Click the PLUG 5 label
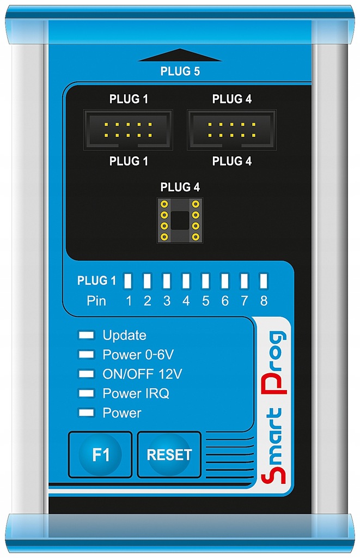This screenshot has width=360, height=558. click(x=180, y=71)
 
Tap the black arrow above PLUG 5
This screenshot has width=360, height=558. click(x=180, y=54)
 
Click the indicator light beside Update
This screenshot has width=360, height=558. click(x=86, y=335)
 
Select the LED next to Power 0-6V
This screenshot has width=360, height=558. click(x=86, y=355)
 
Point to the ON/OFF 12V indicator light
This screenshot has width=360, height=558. click(x=86, y=374)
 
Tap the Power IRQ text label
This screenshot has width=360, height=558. click(x=136, y=393)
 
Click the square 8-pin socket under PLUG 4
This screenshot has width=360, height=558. click(x=180, y=220)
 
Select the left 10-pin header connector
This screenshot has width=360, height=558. click(x=128, y=130)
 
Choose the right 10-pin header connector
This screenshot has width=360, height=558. click(x=231, y=130)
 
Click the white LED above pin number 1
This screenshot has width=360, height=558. click(x=129, y=281)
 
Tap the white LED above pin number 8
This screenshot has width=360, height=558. click(x=264, y=281)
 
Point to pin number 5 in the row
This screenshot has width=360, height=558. click(x=205, y=301)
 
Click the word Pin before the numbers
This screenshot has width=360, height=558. click(x=96, y=301)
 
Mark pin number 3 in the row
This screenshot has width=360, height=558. click(x=167, y=301)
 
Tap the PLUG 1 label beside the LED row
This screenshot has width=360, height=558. click(x=96, y=281)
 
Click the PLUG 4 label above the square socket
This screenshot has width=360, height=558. click(x=180, y=187)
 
